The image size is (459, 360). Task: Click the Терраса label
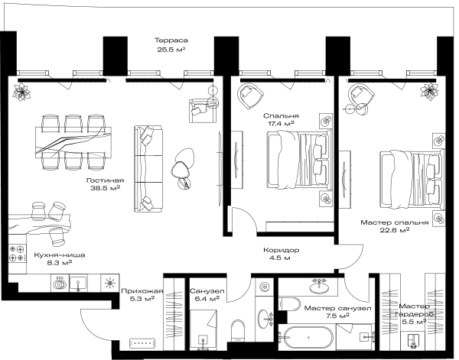pos(171,41)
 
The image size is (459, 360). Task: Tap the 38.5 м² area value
pos(106,188)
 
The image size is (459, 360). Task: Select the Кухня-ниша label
pos(60,255)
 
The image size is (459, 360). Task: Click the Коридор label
pos(281,251)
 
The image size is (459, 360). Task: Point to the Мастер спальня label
pos(394,222)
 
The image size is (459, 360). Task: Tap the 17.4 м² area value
pos(281,123)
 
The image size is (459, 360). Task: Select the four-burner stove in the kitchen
pos(17,254)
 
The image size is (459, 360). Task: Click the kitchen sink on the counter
pos(78,283)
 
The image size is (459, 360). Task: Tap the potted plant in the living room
pos(21,92)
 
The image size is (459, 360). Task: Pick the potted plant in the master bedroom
pos(429,92)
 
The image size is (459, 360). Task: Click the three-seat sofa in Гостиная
pos(148,169)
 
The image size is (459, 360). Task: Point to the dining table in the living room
pos(73,142)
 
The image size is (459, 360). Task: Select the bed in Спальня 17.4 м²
pos(300,160)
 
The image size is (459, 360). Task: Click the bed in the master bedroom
pos(412,179)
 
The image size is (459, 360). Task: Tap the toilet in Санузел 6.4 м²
pos(237,331)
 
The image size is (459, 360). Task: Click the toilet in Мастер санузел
pos(289,304)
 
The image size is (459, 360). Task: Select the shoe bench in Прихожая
pos(142,343)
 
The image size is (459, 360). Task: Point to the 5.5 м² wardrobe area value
pos(414,322)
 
